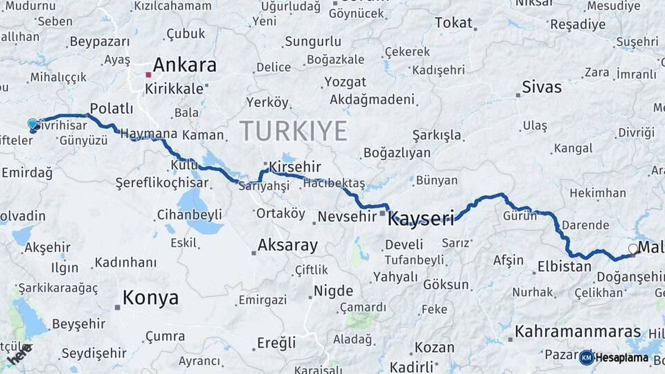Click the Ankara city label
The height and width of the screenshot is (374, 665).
point(184,66)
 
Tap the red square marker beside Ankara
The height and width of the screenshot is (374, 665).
point(148,74)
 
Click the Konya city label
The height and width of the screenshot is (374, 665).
point(150,299)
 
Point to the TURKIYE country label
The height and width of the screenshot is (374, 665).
point(293,130)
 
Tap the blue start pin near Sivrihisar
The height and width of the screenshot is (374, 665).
point(33,125)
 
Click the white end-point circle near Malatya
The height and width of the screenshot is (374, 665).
point(632,248)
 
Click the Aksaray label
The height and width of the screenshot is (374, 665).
point(287,245)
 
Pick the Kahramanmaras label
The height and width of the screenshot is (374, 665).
point(578,332)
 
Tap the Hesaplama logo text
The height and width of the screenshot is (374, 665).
point(621,358)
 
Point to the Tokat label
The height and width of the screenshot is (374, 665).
point(453,23)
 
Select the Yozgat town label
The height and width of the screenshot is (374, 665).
point(344,82)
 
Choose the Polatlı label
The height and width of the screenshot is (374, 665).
point(112,108)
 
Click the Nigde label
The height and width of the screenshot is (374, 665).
point(333,291)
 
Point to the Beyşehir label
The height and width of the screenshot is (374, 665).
point(79,323)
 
